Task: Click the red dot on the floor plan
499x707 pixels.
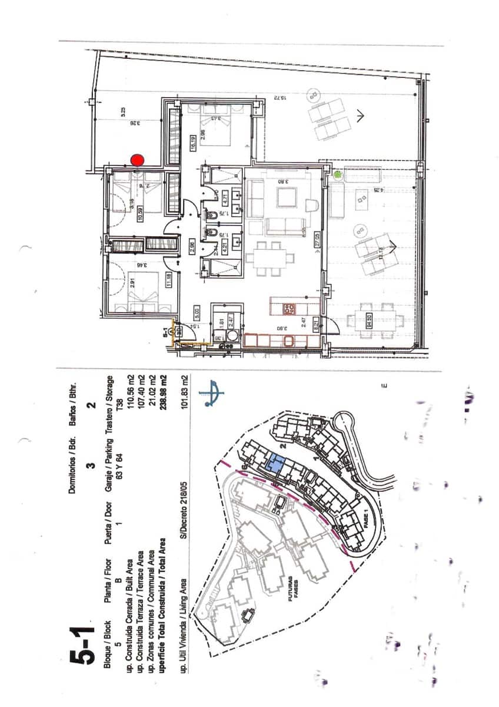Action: (137, 160)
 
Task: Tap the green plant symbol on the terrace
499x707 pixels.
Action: (338, 174)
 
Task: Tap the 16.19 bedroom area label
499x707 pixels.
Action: (192, 143)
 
